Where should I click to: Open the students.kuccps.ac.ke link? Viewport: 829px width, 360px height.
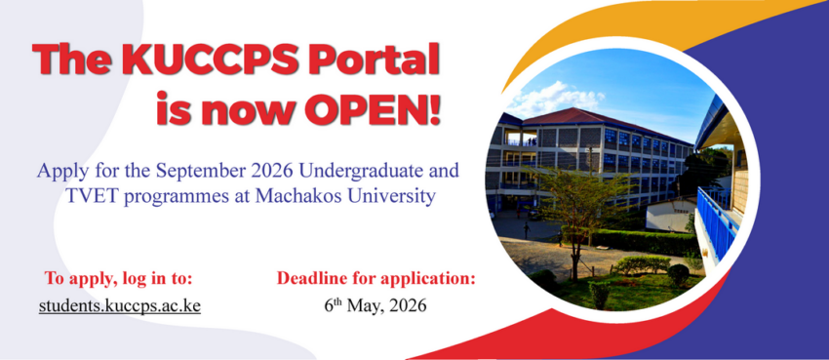click(120, 305)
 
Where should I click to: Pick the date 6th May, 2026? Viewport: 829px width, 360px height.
click(375, 305)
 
